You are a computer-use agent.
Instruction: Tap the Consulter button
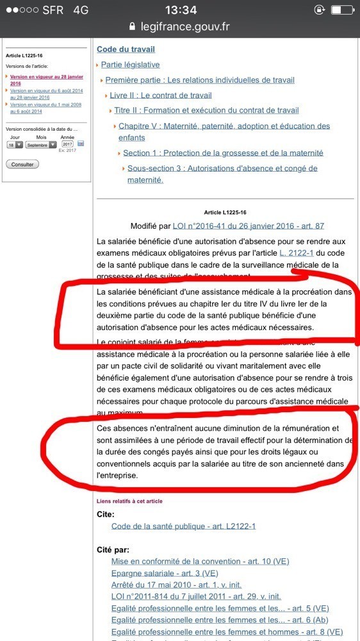point(22,164)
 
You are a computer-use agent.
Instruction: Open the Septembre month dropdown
point(41,145)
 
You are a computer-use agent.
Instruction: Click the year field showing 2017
point(67,144)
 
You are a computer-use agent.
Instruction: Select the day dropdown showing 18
point(15,145)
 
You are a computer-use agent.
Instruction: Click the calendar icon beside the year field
point(81,144)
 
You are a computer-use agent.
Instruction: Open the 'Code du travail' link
point(126,49)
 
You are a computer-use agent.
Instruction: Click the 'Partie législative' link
point(130,65)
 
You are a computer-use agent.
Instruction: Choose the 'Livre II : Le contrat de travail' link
point(160,96)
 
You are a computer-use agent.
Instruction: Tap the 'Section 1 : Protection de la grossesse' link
point(223,153)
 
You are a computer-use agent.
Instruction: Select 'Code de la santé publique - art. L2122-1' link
point(183,526)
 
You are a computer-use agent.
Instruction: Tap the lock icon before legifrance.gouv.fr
point(133,27)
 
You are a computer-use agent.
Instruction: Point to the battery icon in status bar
point(341,10)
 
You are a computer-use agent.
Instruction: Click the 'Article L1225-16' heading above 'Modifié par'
point(225,212)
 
